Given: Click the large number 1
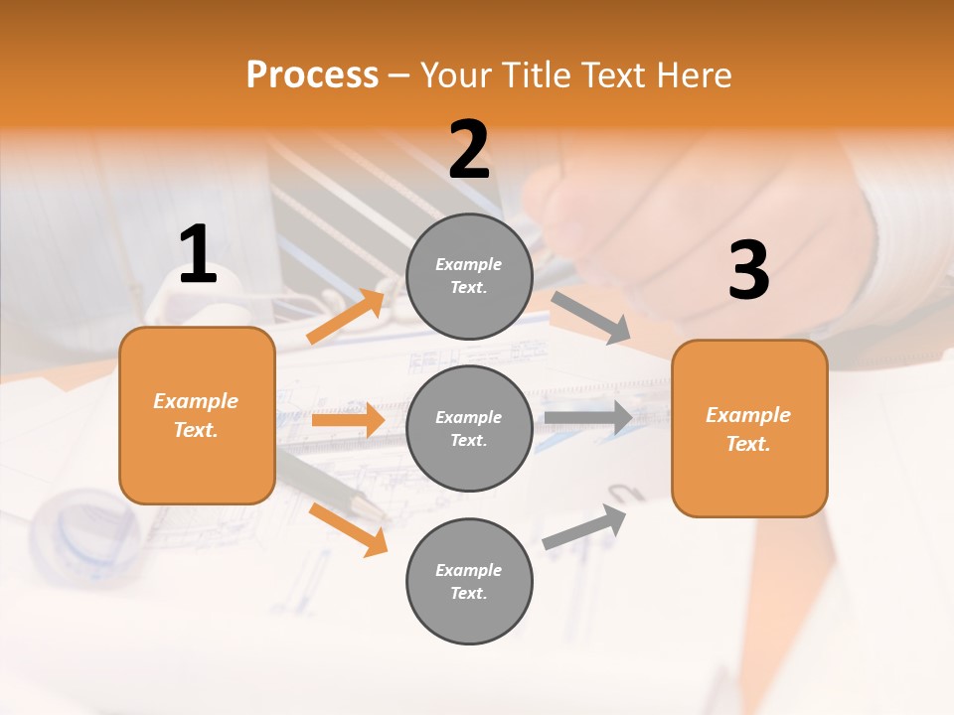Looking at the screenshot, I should (198, 255).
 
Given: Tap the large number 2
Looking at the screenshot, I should (469, 150).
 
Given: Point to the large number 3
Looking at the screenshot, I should (748, 271).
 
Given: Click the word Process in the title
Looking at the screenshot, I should (312, 74).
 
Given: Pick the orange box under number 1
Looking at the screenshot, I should (197, 415).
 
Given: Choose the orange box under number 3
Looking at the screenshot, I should (749, 429).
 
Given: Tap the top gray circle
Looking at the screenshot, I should (469, 276).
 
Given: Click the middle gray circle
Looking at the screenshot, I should (469, 428).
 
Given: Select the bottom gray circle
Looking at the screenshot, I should (469, 581).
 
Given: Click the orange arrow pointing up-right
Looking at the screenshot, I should (346, 316).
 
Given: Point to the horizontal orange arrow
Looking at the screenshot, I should (348, 420).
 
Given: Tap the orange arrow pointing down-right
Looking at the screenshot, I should (348, 529).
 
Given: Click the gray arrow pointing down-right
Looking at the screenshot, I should (591, 317).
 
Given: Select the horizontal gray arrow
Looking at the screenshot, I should (588, 417).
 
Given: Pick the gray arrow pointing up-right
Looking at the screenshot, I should (585, 527).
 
